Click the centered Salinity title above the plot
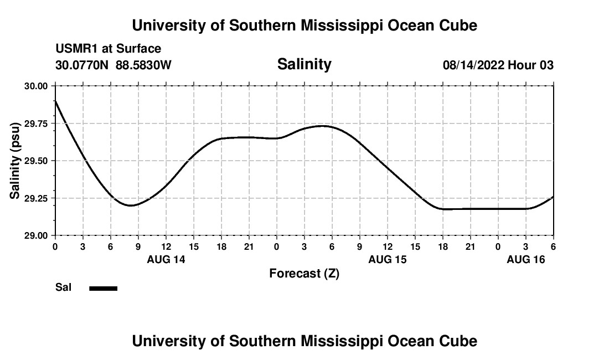click(304, 64)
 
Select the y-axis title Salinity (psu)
click(15, 161)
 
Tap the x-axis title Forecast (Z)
click(304, 273)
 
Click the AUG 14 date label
click(166, 259)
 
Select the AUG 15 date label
click(388, 259)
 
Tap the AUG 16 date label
click(526, 259)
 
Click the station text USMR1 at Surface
click(109, 49)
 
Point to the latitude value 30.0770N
click(83, 65)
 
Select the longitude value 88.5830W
click(143, 65)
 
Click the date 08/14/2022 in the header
click(473, 65)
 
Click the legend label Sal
click(64, 287)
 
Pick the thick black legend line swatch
click(104, 288)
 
